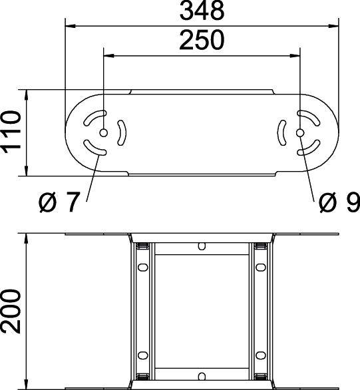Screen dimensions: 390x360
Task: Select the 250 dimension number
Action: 202,41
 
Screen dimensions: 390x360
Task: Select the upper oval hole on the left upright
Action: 142,268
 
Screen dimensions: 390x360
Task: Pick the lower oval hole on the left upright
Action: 142,354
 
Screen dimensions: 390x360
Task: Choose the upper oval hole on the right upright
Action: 260,268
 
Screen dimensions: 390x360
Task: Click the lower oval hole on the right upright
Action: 260,354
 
